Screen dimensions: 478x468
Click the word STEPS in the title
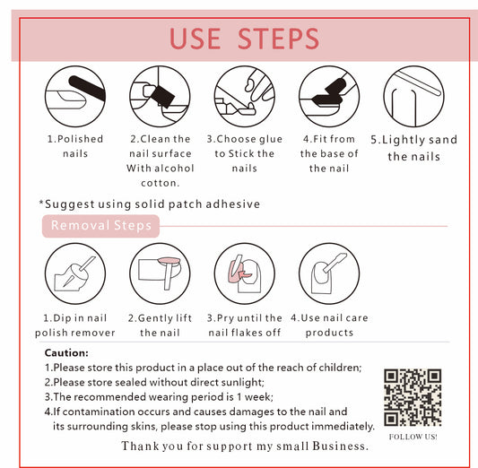(278, 39)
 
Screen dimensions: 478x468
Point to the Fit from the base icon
(329, 97)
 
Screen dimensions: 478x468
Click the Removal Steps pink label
(100, 226)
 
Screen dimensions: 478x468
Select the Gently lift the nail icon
(160, 273)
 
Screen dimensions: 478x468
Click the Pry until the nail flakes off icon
(245, 273)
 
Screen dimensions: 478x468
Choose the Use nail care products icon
(329, 273)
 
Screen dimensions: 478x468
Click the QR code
(413, 397)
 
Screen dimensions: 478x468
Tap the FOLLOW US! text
(413, 437)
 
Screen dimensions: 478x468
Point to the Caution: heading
(66, 353)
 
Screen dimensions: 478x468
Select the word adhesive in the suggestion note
(232, 204)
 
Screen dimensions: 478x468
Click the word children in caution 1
(340, 368)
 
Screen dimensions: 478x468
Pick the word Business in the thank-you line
(341, 446)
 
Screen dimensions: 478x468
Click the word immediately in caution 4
(343, 426)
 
